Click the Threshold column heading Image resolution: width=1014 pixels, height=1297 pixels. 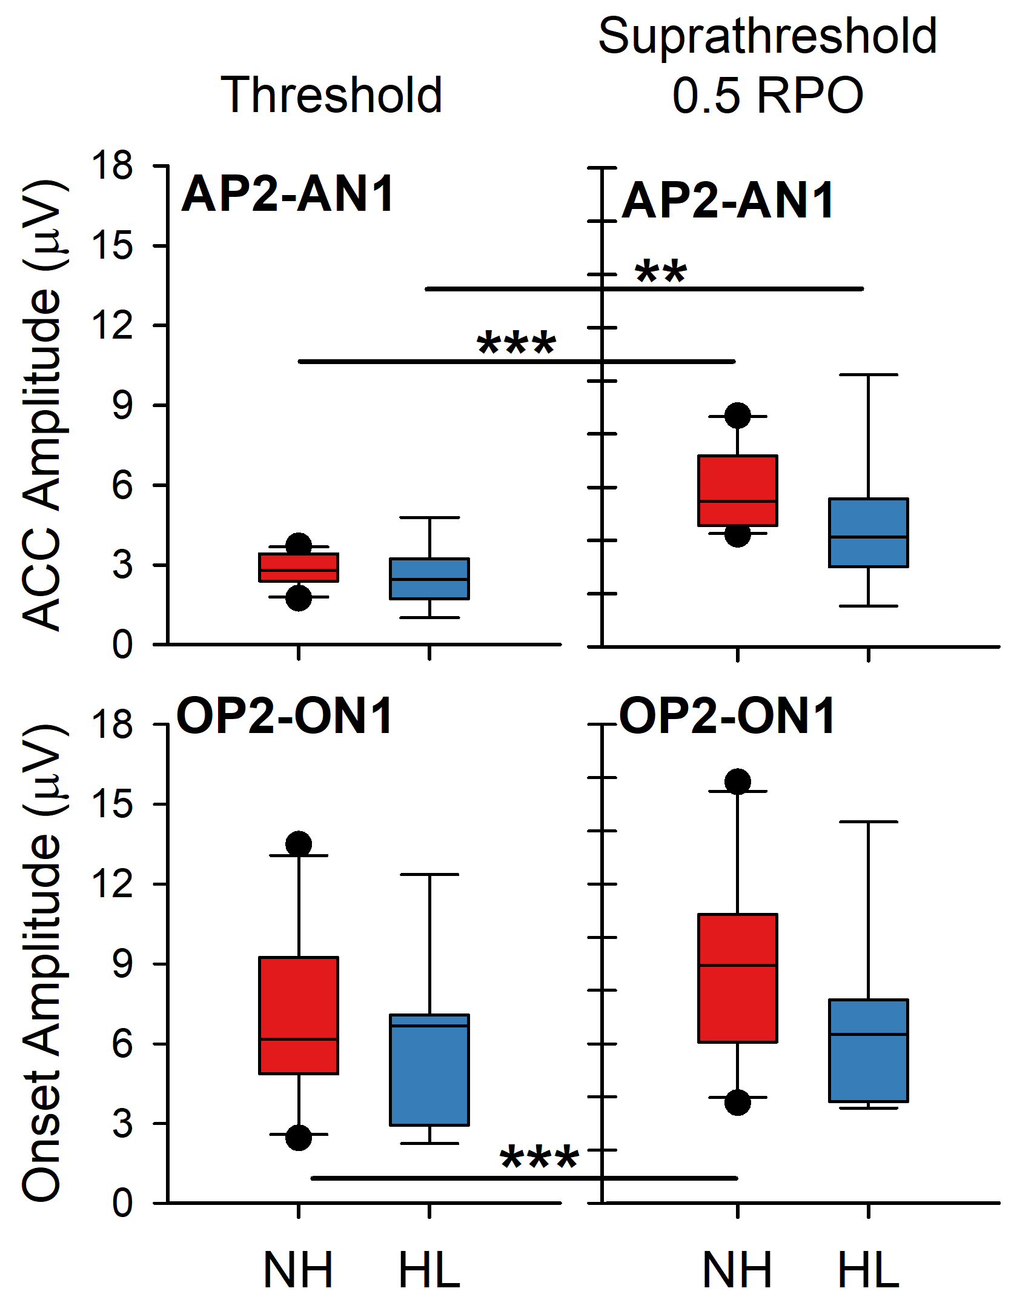tap(331, 95)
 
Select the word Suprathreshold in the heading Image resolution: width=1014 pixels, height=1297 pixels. tap(767, 36)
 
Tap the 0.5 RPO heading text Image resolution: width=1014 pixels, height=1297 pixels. tap(767, 96)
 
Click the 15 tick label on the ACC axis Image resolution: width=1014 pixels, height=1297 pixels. tap(112, 246)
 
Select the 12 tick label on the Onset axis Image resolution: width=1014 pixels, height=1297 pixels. tap(112, 884)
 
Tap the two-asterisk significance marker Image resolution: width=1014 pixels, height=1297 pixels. tap(661, 272)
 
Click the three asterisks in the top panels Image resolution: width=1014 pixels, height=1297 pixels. tap(516, 344)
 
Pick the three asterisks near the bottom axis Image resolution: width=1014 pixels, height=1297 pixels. tap(539, 1159)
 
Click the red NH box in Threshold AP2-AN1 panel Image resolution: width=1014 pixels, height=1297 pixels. tap(299, 568)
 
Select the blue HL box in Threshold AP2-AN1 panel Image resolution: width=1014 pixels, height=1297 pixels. tap(429, 579)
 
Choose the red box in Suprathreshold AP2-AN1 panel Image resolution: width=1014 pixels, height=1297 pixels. tap(737, 490)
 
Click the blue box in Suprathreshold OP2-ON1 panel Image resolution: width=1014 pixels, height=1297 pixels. tap(868, 1050)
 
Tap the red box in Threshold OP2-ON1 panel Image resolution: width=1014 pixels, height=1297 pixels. tap(299, 1015)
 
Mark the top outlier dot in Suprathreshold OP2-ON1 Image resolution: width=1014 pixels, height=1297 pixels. tap(737, 781)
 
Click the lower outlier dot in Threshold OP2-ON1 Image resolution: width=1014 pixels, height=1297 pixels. tap(299, 1138)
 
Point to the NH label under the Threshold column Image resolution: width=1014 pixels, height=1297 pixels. tap(299, 1270)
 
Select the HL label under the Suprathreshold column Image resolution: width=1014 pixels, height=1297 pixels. tap(868, 1270)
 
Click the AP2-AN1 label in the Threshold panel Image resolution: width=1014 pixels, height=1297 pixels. tap(288, 194)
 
